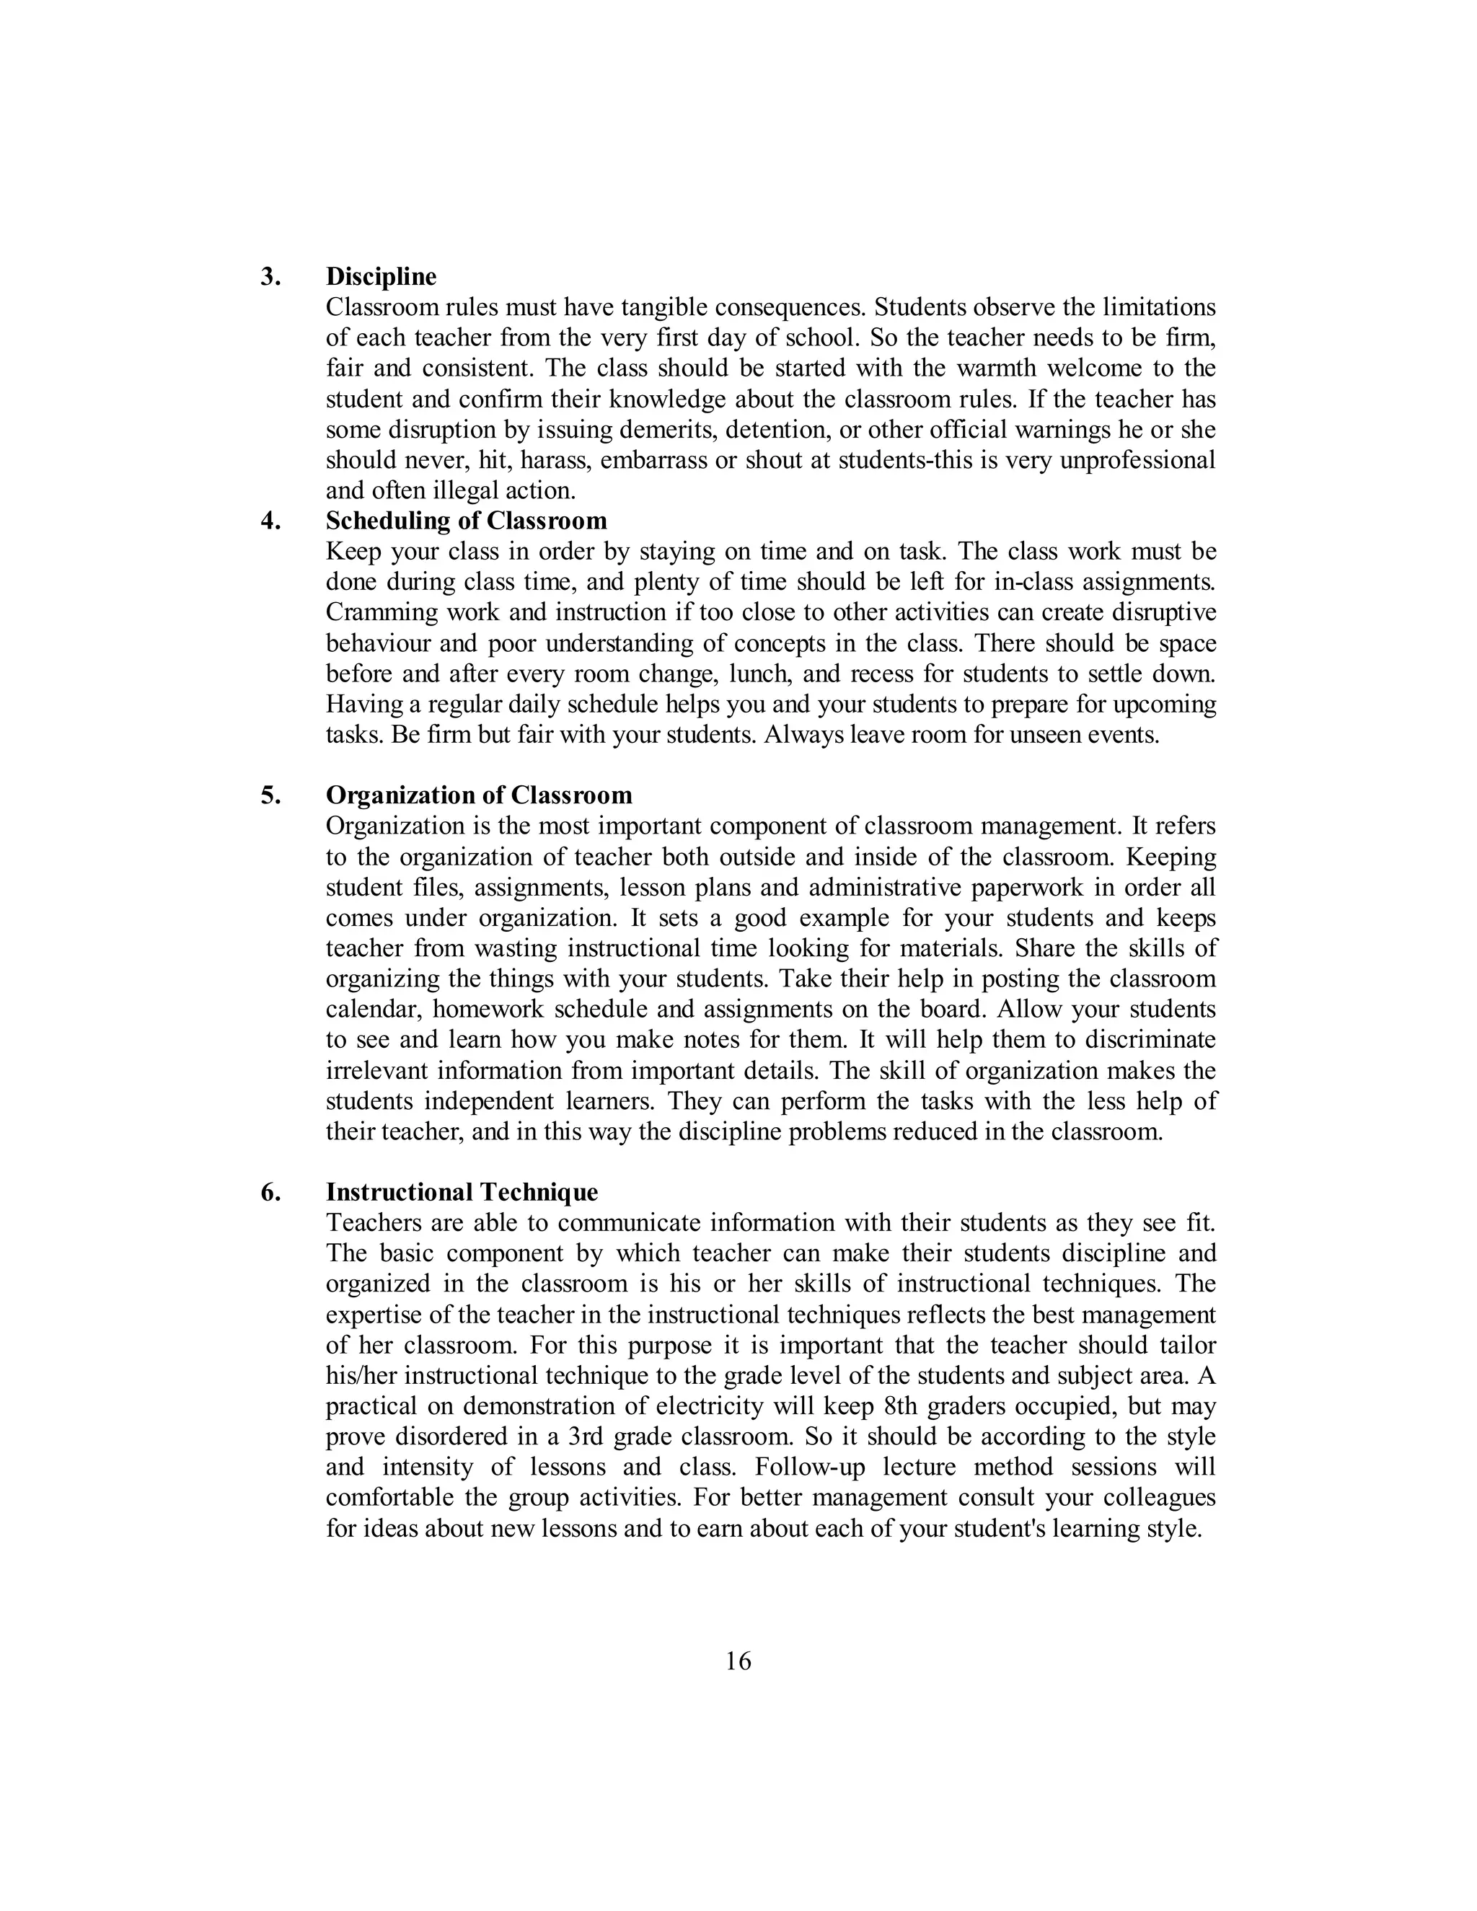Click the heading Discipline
coord(381,276)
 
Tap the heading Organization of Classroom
coord(479,795)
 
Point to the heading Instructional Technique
coord(462,1192)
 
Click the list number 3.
coord(270,276)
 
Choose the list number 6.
coord(270,1192)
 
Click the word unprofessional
coord(1137,460)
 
